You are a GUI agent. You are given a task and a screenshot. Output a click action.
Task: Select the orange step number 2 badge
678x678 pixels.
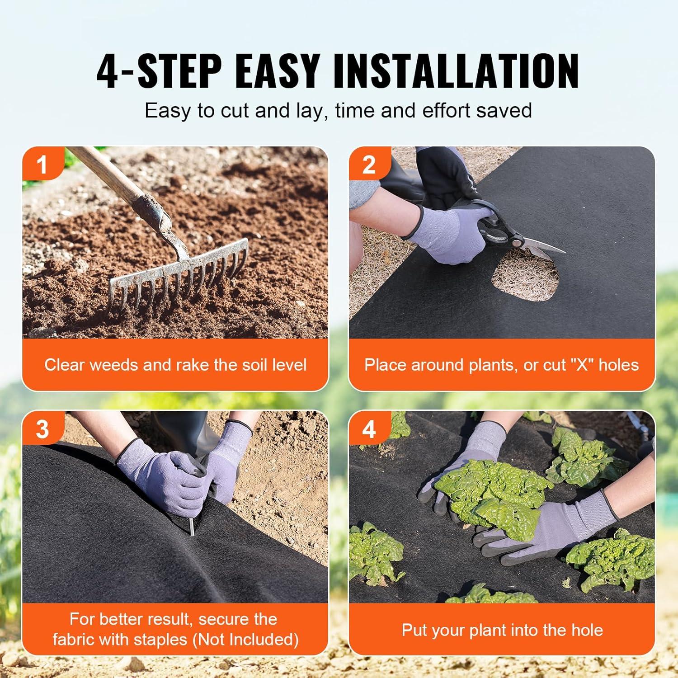click(x=368, y=165)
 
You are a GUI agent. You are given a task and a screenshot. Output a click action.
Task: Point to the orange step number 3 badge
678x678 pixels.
click(x=42, y=428)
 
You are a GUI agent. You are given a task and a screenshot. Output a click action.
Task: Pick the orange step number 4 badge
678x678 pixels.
click(x=368, y=428)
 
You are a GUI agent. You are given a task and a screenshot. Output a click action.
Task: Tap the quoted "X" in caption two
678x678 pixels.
click(x=582, y=365)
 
